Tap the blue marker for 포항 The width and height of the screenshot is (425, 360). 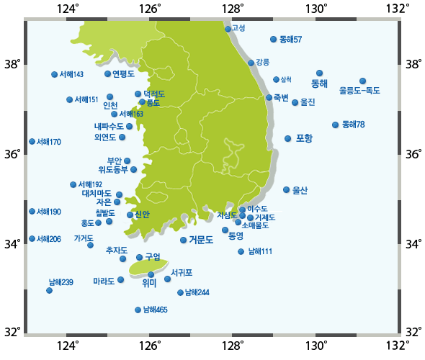click(287, 138)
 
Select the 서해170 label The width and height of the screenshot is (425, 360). click(49, 142)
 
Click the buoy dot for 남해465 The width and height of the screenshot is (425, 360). click(138, 310)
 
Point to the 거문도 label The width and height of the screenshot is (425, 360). click(201, 240)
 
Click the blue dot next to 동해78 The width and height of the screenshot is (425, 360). click(336, 125)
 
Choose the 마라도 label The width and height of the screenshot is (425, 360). click(104, 281)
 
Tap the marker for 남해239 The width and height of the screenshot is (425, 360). click(50, 290)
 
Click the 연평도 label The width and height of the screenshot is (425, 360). click(124, 73)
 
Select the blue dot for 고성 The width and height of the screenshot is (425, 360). click(228, 29)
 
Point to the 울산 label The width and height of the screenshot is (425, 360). click(300, 190)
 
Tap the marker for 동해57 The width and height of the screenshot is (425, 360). click(273, 39)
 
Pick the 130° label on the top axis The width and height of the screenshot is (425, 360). click(316, 9)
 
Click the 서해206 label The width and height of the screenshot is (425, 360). click(49, 239)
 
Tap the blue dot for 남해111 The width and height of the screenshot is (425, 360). click(241, 251)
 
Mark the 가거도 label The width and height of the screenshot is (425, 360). click(84, 238)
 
